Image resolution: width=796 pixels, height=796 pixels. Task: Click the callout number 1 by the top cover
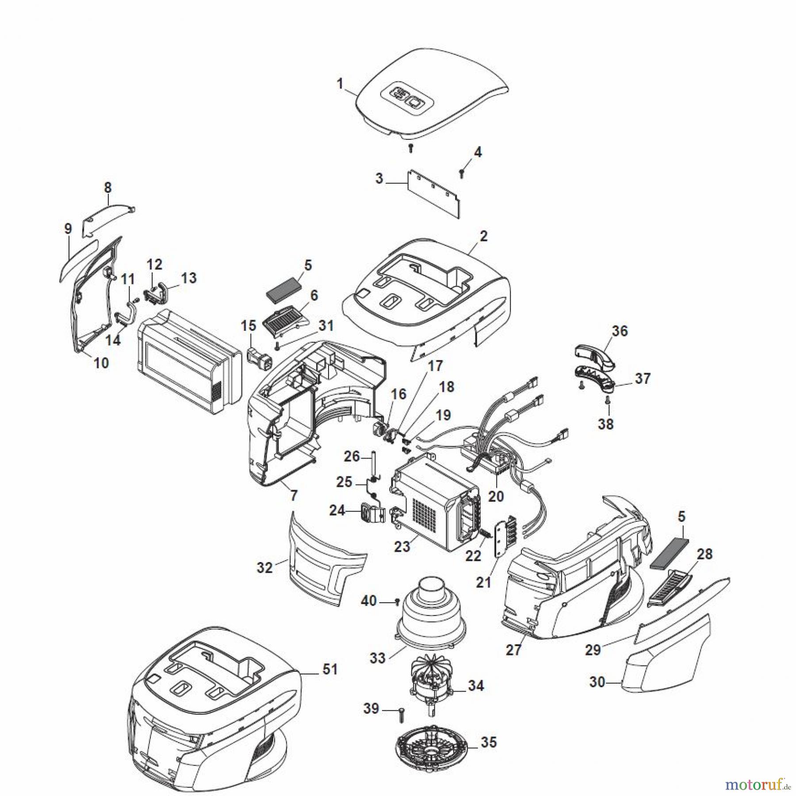[340, 83]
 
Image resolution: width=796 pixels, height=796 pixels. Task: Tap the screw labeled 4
[462, 173]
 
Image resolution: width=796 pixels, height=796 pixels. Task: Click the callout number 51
[330, 669]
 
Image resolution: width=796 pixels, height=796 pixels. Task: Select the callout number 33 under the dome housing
[377, 658]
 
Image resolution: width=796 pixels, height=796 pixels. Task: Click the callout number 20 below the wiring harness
[496, 496]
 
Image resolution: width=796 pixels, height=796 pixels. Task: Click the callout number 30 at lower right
[597, 682]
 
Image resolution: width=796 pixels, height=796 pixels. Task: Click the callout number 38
[605, 424]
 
